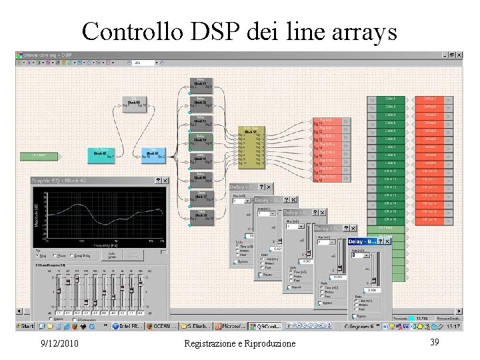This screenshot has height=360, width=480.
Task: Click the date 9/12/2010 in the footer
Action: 59,343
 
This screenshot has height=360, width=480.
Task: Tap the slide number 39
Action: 434,341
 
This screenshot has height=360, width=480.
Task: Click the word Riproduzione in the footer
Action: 265,343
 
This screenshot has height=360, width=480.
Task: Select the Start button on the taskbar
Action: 25,327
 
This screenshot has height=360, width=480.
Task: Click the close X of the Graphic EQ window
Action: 165,180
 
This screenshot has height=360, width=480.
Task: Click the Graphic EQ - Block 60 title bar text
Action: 60,180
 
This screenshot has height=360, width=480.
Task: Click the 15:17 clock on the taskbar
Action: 453,327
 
